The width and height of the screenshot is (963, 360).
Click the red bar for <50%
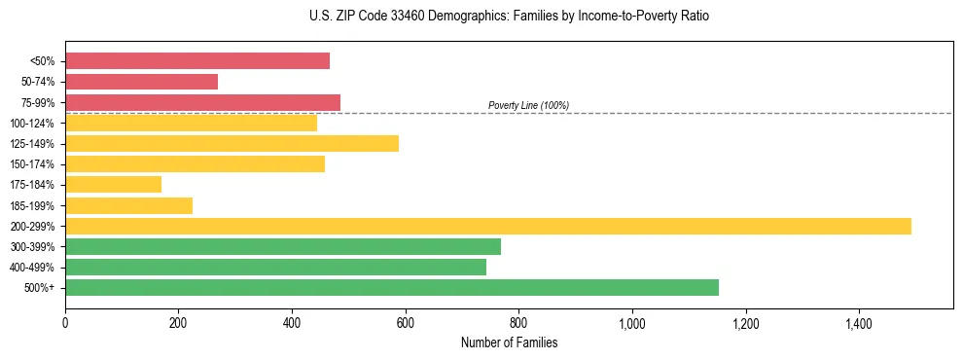point(197,61)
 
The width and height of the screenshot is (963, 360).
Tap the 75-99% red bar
point(202,102)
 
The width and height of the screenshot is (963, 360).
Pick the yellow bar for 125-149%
point(232,144)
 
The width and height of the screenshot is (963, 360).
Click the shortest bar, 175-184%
point(113,185)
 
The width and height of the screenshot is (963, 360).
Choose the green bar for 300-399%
point(283,247)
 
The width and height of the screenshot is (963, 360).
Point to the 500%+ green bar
point(392,287)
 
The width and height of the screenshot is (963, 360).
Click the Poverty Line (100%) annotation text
point(528,105)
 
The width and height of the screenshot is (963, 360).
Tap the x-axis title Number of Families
point(509,342)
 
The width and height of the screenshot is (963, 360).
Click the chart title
point(509,17)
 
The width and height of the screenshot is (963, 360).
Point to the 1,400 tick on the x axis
point(859,322)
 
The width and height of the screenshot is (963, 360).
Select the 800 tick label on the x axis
point(518,322)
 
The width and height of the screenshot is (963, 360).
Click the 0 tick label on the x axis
point(65,322)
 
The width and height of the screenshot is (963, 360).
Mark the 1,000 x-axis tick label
point(632,322)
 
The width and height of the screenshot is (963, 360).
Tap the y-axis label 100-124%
point(32,124)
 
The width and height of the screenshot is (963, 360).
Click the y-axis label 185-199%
point(32,206)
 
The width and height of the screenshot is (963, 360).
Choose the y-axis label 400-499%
point(32,268)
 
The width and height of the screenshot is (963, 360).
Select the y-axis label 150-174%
point(32,164)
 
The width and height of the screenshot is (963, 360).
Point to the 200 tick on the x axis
point(178,322)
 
